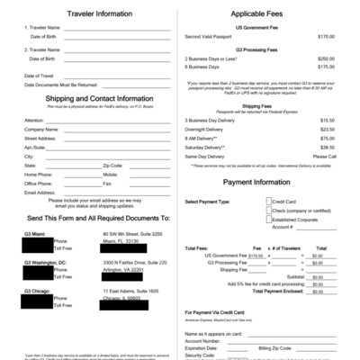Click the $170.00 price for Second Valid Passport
click(325, 37)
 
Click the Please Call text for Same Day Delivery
click(324, 156)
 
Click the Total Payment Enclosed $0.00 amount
click(317, 292)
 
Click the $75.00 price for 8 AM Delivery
click(325, 138)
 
